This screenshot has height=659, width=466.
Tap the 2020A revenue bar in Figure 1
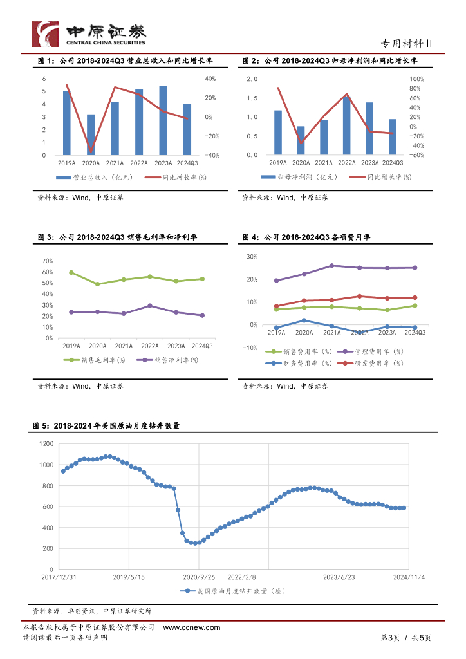pyautogui.click(x=91, y=135)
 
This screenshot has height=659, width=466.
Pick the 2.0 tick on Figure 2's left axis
pyautogui.click(x=252, y=79)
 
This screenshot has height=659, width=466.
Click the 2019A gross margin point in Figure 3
pyautogui.click(x=71, y=272)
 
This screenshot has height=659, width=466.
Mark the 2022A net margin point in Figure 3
pyautogui.click(x=150, y=306)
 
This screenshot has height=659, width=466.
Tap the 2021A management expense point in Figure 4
pyautogui.click(x=331, y=265)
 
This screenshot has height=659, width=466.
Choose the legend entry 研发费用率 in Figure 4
pyautogui.click(x=385, y=363)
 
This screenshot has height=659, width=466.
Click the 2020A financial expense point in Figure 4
pyautogui.click(x=304, y=320)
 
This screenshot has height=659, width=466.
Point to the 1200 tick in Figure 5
pyautogui.click(x=46, y=444)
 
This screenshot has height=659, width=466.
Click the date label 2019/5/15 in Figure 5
pyautogui.click(x=129, y=577)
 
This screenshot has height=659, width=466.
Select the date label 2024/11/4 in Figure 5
pyautogui.click(x=409, y=577)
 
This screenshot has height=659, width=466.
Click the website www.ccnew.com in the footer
pyautogui.click(x=192, y=627)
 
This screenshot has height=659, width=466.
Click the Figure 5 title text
pyautogui.click(x=106, y=426)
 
